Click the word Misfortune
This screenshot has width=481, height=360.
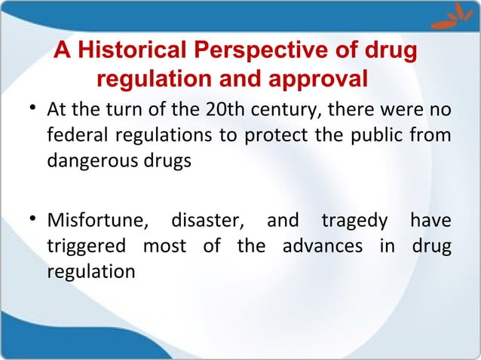click(x=96, y=223)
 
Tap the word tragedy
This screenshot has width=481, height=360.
click(x=352, y=223)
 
